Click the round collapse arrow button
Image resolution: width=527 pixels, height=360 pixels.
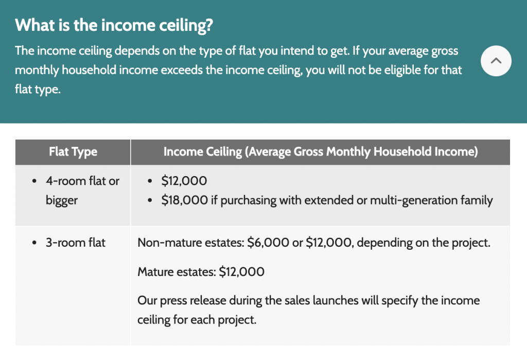coord(496,61)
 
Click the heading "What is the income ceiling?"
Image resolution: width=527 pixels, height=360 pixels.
coord(114,25)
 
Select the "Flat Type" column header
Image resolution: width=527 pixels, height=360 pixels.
coord(73,152)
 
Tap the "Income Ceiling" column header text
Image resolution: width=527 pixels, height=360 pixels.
coord(321,152)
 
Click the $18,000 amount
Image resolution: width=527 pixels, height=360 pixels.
coord(185,200)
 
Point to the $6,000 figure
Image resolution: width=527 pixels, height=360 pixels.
coord(268,243)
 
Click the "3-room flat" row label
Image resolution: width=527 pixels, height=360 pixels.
coord(76,243)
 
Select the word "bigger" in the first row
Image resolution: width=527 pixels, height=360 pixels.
coord(62,200)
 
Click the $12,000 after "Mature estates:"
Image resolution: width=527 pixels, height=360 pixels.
coord(242,272)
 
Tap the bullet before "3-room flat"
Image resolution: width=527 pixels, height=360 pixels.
coord(34,243)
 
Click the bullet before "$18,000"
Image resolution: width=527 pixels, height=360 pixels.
coord(150,200)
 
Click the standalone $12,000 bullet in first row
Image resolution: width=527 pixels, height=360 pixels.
coord(184,181)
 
